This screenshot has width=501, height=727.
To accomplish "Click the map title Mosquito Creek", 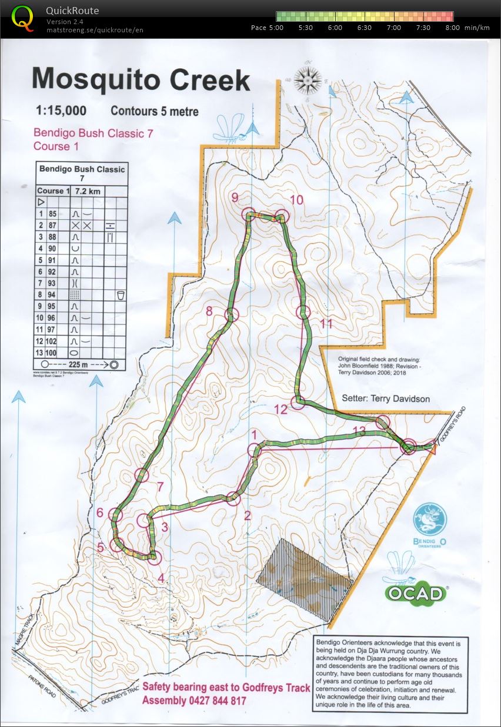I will [141, 79].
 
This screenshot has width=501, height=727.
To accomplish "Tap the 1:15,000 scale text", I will [61, 110].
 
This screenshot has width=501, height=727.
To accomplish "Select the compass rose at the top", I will [307, 80].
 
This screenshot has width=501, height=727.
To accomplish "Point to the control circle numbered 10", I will [282, 217].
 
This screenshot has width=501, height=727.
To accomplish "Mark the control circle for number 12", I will [298, 402].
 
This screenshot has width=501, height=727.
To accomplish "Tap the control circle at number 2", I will [233, 498].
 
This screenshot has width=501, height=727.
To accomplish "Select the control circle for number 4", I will [155, 557].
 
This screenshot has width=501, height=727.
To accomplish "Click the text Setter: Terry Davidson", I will [385, 398].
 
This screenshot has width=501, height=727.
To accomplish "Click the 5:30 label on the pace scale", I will [306, 28].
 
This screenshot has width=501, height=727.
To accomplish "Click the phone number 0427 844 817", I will [214, 701].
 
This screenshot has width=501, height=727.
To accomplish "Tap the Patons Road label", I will [36, 684].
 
